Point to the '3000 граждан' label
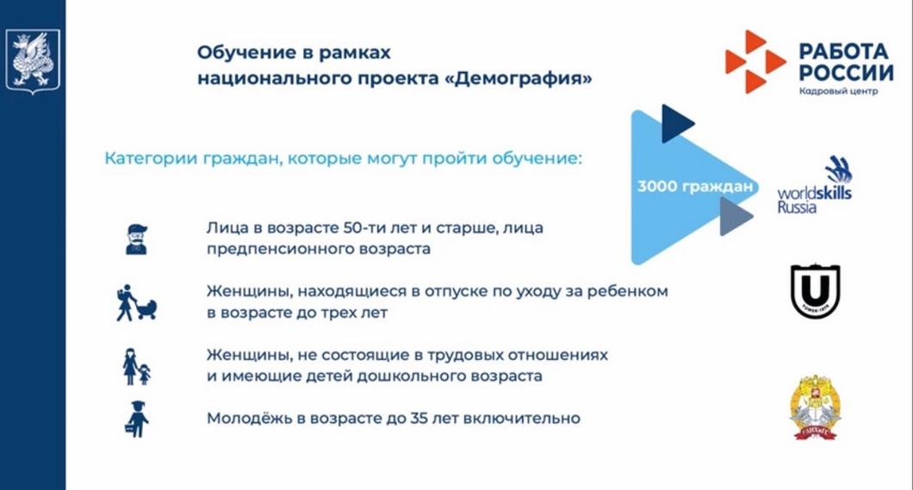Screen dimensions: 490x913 pyautogui.click(x=695, y=186)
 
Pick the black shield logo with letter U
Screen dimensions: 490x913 pyautogui.click(x=815, y=290)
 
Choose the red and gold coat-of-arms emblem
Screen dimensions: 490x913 pyautogui.click(x=815, y=407)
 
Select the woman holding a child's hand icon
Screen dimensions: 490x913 pyautogui.click(x=136, y=366)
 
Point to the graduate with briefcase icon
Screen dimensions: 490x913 pyautogui.click(x=136, y=419)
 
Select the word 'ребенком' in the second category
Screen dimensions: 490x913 pyautogui.click(x=630, y=293)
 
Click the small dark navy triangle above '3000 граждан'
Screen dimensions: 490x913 pyautogui.click(x=676, y=123)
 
